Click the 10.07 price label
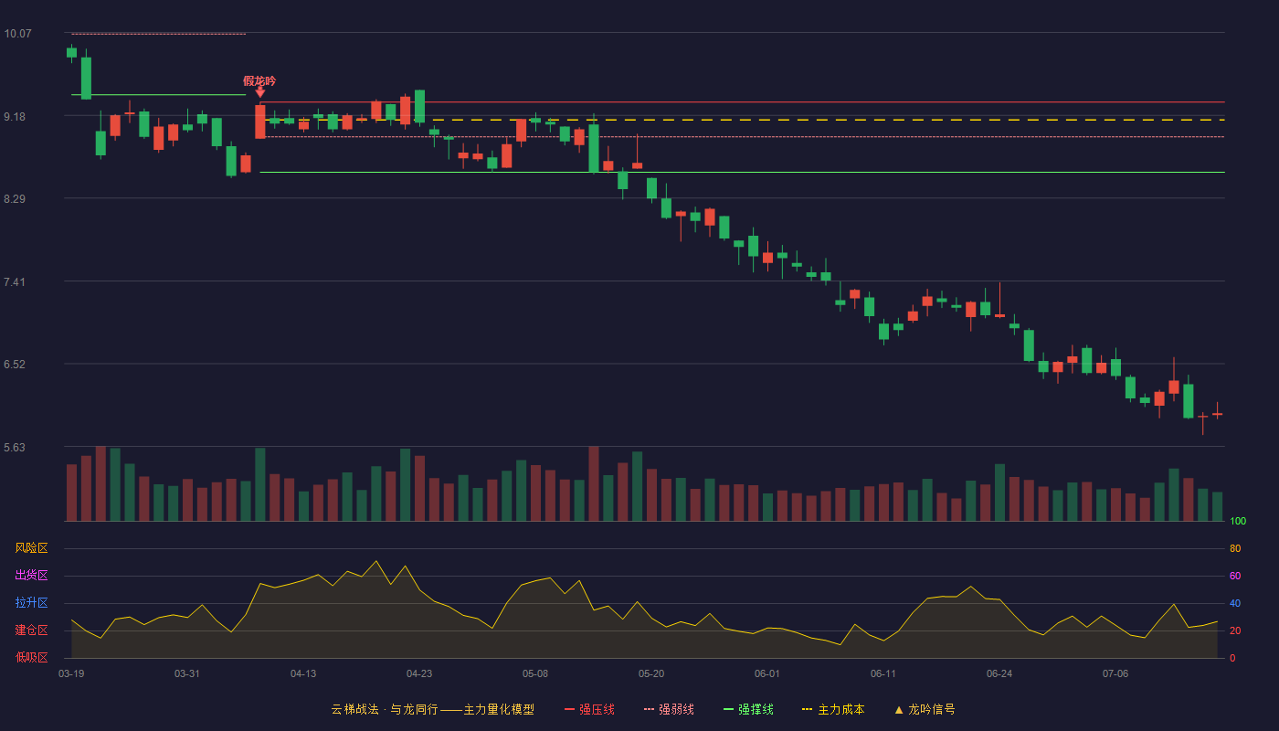click(17, 34)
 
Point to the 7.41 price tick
click(15, 282)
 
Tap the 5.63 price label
click(15, 447)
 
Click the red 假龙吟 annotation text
click(259, 81)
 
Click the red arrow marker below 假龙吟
click(259, 92)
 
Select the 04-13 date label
click(303, 674)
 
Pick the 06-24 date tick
click(999, 674)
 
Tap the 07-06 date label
click(1115, 674)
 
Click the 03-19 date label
click(71, 674)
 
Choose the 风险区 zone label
click(31, 547)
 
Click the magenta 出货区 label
click(31, 575)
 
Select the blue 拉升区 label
click(31, 602)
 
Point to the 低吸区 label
click(31, 657)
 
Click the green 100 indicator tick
click(1238, 521)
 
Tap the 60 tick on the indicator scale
click(1235, 576)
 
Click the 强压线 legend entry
click(589, 709)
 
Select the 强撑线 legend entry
click(748, 709)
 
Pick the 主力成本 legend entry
click(833, 709)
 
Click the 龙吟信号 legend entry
click(925, 709)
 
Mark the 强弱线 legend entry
click(669, 709)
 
